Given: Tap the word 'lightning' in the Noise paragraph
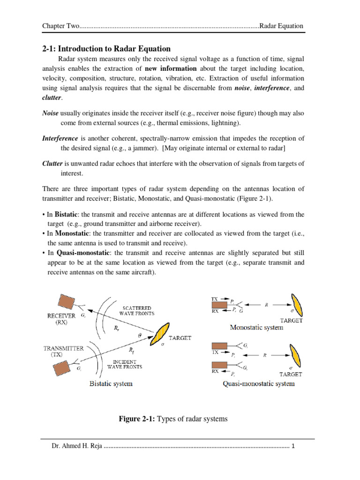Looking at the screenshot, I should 223,123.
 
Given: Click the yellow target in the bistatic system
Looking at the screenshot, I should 162,334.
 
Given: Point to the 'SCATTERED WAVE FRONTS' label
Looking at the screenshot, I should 136,309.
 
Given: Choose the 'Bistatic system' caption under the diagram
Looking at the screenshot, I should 111,383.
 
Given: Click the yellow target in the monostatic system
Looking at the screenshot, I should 298,305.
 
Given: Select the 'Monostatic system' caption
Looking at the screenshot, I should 256,327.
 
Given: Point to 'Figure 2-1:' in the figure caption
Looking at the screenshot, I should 139,419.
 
